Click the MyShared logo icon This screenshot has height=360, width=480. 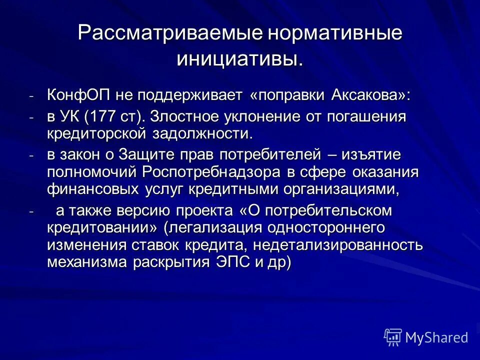(393, 337)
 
